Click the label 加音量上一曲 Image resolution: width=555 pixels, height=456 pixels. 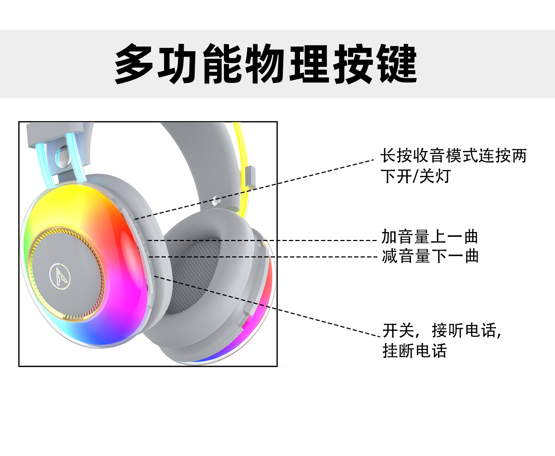(429, 237)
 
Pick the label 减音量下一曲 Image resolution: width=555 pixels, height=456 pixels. (430, 256)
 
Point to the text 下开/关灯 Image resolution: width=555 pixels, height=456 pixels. (416, 176)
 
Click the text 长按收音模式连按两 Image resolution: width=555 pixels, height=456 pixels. (453, 156)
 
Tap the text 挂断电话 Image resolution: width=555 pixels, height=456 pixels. (414, 351)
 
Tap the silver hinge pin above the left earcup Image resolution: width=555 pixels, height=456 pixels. (62, 156)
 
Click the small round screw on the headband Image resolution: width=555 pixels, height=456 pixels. (215, 201)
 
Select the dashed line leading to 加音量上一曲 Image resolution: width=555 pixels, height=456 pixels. (260, 241)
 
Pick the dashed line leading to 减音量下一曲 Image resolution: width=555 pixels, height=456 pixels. (260, 257)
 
